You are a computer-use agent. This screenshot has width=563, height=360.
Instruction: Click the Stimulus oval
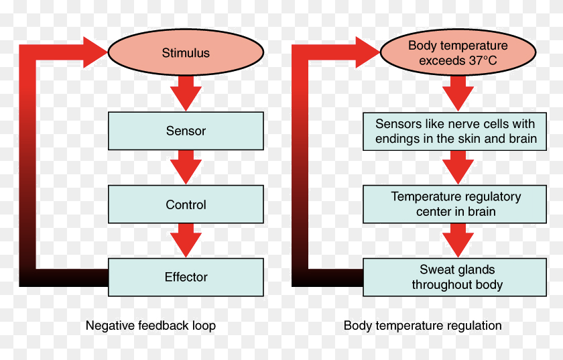pyautogui.click(x=186, y=53)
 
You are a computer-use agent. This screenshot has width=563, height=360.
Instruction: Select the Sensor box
pyautogui.click(x=186, y=131)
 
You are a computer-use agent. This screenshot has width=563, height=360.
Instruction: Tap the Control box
pyautogui.click(x=186, y=204)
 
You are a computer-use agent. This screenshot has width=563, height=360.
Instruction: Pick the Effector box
pyautogui.click(x=186, y=277)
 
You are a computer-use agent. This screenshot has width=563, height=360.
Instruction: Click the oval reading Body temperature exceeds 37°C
pyautogui.click(x=458, y=53)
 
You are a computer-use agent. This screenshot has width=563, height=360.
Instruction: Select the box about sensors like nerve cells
pyautogui.click(x=455, y=131)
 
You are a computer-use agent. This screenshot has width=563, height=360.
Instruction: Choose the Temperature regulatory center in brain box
pyautogui.click(x=455, y=204)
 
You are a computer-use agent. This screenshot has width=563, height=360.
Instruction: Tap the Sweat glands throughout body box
pyautogui.click(x=455, y=277)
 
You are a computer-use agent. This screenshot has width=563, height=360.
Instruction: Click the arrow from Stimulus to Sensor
pyautogui.click(x=186, y=93)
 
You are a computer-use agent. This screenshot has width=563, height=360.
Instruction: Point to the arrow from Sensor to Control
pyautogui.click(x=186, y=166)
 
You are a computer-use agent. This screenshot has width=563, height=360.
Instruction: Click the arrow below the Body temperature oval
pyautogui.click(x=458, y=93)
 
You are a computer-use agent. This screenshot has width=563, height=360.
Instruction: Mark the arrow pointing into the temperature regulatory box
pyautogui.click(x=458, y=166)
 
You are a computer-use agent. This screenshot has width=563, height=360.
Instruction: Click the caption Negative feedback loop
pyautogui.click(x=151, y=326)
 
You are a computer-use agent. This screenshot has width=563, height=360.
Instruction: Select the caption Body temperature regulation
pyautogui.click(x=422, y=326)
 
